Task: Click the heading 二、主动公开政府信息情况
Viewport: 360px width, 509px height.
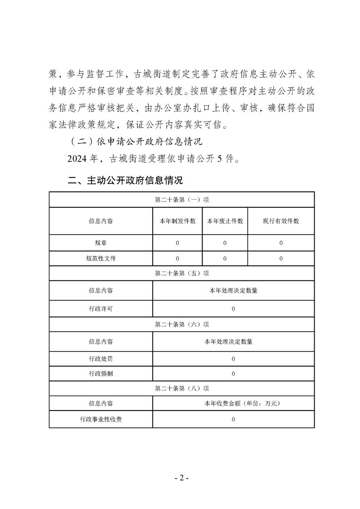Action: tap(125, 181)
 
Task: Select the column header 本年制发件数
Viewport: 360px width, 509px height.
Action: tap(178, 221)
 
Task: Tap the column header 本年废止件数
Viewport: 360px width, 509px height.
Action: tap(225, 221)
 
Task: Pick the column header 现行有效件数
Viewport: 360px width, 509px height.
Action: tap(281, 221)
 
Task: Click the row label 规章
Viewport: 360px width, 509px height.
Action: tap(101, 243)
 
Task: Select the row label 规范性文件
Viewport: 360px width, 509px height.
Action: tap(101, 258)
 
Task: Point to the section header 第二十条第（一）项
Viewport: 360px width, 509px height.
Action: tap(182, 200)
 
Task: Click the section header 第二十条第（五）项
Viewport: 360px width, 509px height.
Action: tap(182, 274)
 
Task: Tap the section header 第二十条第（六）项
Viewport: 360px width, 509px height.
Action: tap(182, 324)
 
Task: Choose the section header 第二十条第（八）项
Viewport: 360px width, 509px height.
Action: tap(182, 388)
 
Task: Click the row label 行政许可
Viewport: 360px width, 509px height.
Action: tap(101, 309)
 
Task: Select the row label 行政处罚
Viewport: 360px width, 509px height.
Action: tap(101, 359)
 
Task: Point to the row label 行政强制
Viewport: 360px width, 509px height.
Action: tap(101, 374)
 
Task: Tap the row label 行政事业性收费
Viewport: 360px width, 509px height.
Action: tap(101, 419)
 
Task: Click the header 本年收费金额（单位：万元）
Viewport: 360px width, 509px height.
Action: tap(233, 403)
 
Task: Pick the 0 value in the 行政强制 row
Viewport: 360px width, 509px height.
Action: tap(233, 374)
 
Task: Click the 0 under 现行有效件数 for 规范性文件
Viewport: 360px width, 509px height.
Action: tap(281, 258)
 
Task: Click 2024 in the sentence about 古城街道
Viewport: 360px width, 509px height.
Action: tap(79, 159)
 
